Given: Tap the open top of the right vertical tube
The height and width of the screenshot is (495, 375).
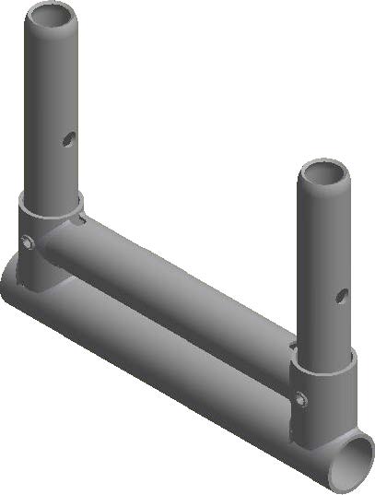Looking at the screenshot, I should (x=325, y=173).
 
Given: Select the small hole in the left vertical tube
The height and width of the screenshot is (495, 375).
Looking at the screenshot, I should (x=67, y=138).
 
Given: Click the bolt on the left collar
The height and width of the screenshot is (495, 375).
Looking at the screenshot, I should (x=29, y=242).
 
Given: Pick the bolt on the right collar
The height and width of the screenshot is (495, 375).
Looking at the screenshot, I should (x=300, y=398).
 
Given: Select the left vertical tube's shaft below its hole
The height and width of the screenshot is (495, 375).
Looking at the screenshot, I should (x=53, y=175).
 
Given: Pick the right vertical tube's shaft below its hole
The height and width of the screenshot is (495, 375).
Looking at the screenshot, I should (x=324, y=332).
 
